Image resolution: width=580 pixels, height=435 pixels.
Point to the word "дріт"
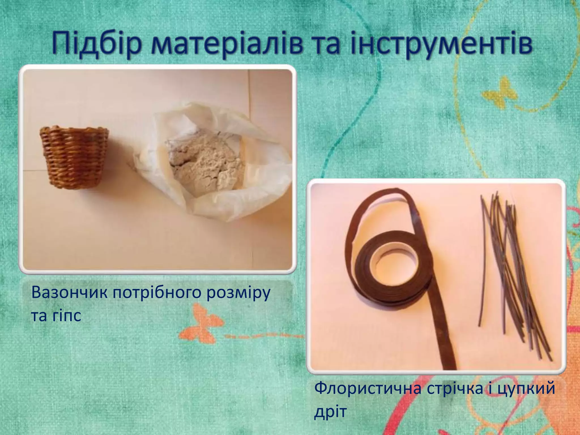coord(330,412)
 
